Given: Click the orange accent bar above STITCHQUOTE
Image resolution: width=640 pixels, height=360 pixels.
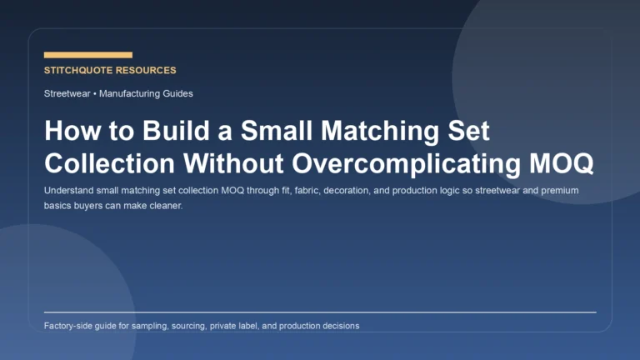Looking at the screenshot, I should pos(87,55).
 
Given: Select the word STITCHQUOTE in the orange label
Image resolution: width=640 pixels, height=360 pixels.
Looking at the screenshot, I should pos(80,71).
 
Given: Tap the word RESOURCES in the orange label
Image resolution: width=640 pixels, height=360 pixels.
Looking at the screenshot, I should pos(147,71).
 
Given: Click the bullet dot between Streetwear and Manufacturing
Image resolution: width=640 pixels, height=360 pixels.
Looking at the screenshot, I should pos(94,94).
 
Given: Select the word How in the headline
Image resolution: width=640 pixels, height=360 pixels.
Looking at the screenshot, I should pos(67,131).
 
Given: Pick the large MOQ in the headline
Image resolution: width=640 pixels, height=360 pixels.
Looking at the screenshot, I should pos(561,162).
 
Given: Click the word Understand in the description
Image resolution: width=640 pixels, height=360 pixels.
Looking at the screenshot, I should pos(70,191).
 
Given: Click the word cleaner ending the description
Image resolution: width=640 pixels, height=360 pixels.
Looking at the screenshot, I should pos(164,206).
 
